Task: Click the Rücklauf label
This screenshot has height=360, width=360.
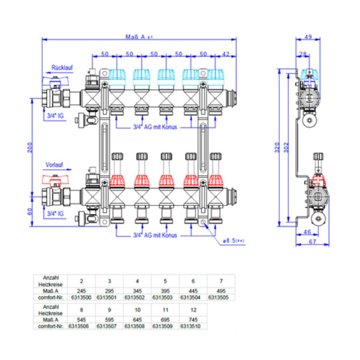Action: point(61,67)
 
